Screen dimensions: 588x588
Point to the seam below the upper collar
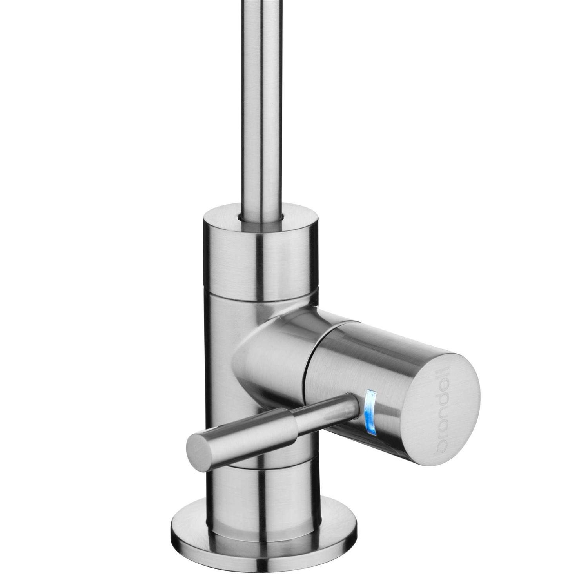(x=259, y=292)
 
